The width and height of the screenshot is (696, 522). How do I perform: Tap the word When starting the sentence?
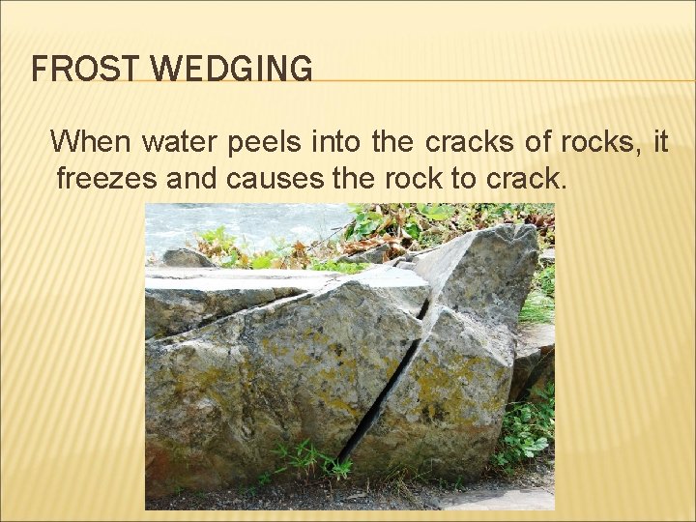pos(90,143)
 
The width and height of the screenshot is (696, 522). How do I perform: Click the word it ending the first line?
pos(660,143)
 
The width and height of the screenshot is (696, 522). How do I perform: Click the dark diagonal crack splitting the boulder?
pos(387,387)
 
